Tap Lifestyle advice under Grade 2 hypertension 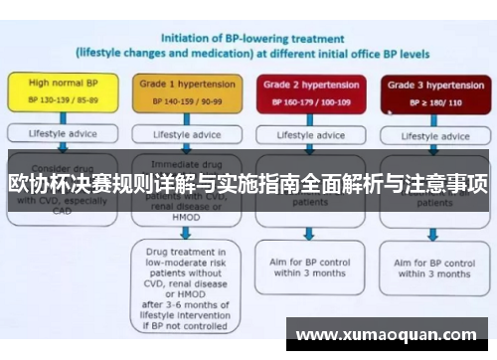[x=309, y=133]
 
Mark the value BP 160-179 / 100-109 [x=309, y=100]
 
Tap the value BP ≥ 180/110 [x=429, y=100]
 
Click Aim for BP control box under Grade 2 [x=310, y=267]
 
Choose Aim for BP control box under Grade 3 [x=432, y=267]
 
